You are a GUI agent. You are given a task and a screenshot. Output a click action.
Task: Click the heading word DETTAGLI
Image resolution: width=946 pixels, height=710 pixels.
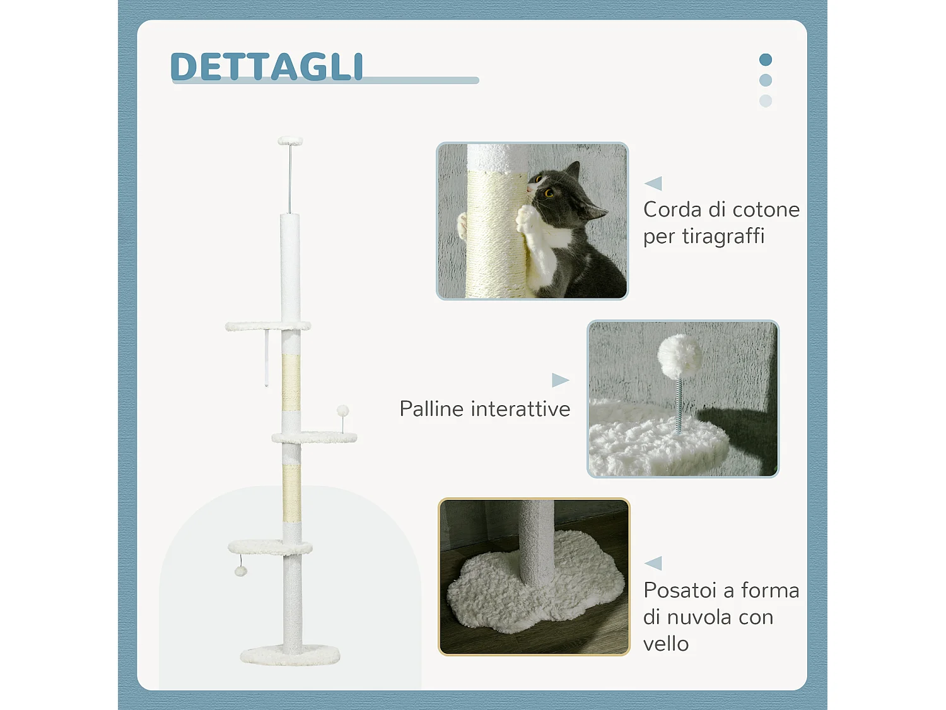(267, 67)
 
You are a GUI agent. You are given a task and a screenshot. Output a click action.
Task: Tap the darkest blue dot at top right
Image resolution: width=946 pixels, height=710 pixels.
(766, 60)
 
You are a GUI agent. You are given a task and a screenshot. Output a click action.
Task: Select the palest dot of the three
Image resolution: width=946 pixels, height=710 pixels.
(766, 101)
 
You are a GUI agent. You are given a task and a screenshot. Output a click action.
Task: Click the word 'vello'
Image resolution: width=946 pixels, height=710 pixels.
(666, 644)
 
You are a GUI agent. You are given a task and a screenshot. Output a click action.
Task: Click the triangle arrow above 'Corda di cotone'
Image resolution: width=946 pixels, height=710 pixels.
(653, 184)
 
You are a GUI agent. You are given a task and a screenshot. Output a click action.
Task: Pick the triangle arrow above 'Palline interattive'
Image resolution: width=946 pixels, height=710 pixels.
(560, 380)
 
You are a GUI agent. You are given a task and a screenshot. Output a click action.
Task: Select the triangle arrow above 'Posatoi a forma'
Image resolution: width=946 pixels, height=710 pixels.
(653, 563)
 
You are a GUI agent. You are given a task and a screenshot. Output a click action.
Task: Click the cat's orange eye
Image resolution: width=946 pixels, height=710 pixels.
(549, 193)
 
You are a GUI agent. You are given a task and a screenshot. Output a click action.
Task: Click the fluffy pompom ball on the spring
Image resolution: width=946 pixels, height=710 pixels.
(679, 355)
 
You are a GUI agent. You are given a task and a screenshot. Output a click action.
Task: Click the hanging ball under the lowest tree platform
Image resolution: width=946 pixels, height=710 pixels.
(240, 571)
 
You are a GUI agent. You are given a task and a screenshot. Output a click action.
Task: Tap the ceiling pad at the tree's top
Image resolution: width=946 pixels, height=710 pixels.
(290, 141)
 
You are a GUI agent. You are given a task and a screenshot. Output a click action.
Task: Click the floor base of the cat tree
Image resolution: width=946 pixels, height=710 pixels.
(290, 656)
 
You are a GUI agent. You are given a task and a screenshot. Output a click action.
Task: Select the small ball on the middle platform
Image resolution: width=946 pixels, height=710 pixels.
(342, 411)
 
